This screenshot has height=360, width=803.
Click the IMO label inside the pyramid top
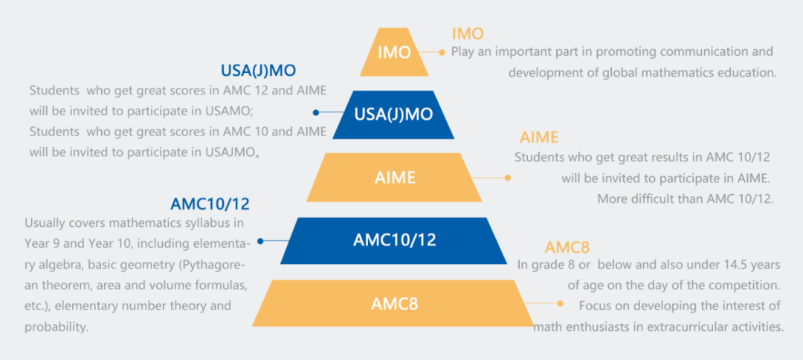coord(394,52)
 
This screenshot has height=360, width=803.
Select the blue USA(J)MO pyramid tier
coord(394,115)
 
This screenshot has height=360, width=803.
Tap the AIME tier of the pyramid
coord(395,178)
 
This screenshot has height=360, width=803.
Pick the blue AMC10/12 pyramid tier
coord(395,240)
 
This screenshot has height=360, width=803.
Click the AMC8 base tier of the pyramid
coord(395,303)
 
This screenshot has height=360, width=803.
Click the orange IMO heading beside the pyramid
coord(468,33)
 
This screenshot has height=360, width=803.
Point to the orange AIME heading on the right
coord(539,138)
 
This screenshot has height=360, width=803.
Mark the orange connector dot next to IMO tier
coord(443,52)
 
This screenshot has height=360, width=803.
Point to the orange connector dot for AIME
coord(508,178)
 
